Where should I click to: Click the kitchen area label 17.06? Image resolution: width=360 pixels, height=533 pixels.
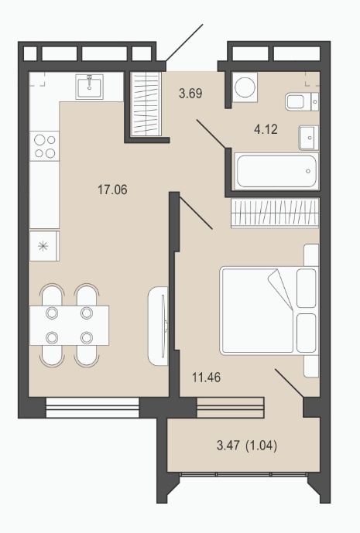[112, 190]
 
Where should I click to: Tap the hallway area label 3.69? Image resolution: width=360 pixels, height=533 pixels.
[190, 93]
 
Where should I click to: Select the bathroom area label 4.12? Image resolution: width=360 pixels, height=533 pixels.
[266, 129]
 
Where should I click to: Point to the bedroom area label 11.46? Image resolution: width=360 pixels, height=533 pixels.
[206, 377]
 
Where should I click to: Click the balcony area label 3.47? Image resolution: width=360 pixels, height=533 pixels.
[228, 445]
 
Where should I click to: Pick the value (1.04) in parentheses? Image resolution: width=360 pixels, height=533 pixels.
[262, 445]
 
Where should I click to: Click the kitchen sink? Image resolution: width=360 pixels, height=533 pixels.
[89, 87]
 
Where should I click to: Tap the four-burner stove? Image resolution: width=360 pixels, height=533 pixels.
[44, 146]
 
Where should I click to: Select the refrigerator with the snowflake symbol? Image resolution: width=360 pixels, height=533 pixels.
[44, 246]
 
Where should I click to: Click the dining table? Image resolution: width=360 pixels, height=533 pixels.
[70, 326]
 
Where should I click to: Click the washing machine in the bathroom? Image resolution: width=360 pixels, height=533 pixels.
[245, 87]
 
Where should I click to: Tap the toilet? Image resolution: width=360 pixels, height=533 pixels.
[302, 101]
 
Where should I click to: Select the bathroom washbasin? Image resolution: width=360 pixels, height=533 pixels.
[309, 138]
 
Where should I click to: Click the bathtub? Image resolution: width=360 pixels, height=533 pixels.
[276, 171]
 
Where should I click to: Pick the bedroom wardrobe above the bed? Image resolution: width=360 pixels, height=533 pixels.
[275, 213]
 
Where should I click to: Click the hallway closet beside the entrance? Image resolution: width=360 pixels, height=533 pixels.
[146, 104]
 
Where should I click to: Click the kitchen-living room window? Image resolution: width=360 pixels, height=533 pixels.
[92, 407]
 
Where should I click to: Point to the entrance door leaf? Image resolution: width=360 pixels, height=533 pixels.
[184, 43]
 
